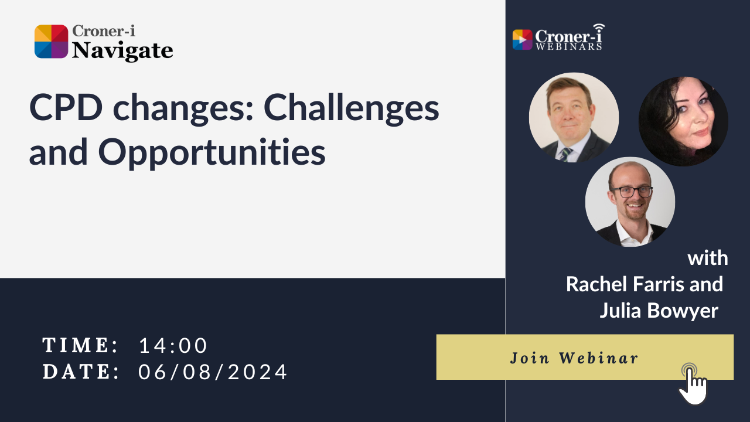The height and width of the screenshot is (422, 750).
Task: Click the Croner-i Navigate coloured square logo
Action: pos(52,42)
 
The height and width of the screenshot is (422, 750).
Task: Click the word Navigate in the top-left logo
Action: pos(122,51)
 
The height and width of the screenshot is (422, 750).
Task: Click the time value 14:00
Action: pos(173,346)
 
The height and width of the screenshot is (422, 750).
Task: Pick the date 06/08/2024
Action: pos(213,372)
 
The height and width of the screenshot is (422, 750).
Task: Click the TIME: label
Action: pos(81,346)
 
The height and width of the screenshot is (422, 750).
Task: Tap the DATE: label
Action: pos(81,372)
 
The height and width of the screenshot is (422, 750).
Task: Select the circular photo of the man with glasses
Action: pos(630,202)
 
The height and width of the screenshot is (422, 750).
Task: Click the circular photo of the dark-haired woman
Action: pos(683,121)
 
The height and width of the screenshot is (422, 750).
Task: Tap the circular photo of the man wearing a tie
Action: pos(574,117)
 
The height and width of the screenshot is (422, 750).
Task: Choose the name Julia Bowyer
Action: pos(659,311)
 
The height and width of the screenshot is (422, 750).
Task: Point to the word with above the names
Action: pos(708,258)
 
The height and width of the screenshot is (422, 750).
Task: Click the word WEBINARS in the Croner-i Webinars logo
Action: pos(568,46)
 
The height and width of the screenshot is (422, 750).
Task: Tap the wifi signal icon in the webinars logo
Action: pos(598,29)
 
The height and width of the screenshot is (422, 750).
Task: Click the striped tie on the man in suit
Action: pos(565,155)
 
